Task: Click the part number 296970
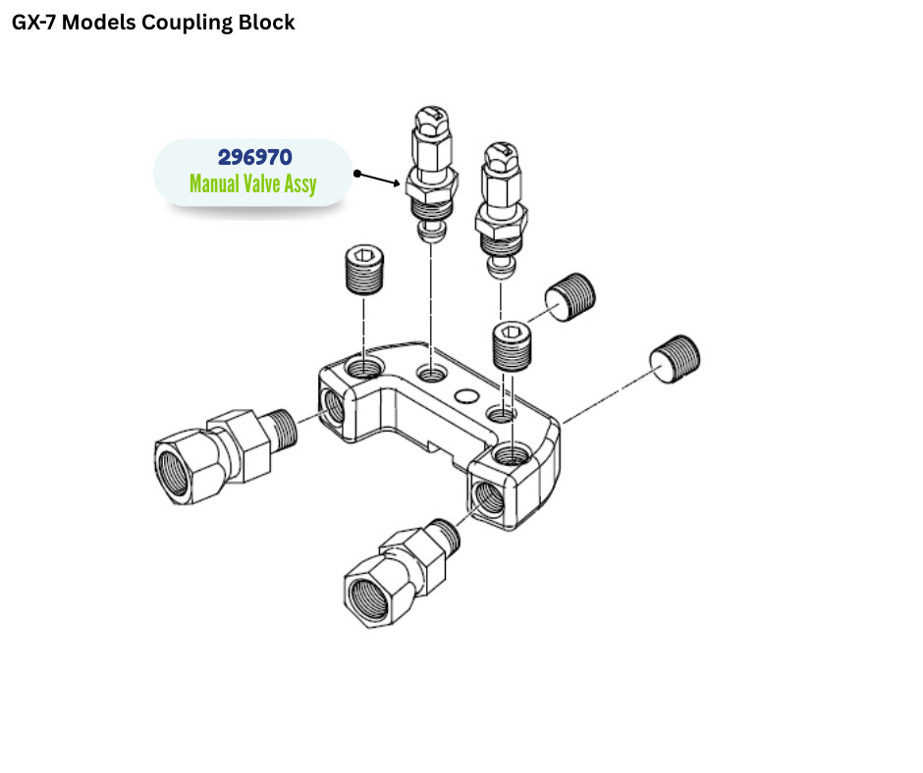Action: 253,158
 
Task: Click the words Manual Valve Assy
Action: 253,183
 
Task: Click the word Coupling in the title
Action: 187,22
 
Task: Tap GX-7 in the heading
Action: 32,22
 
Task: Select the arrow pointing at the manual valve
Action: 378,179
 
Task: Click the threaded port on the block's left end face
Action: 331,401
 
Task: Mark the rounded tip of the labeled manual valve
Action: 430,231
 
